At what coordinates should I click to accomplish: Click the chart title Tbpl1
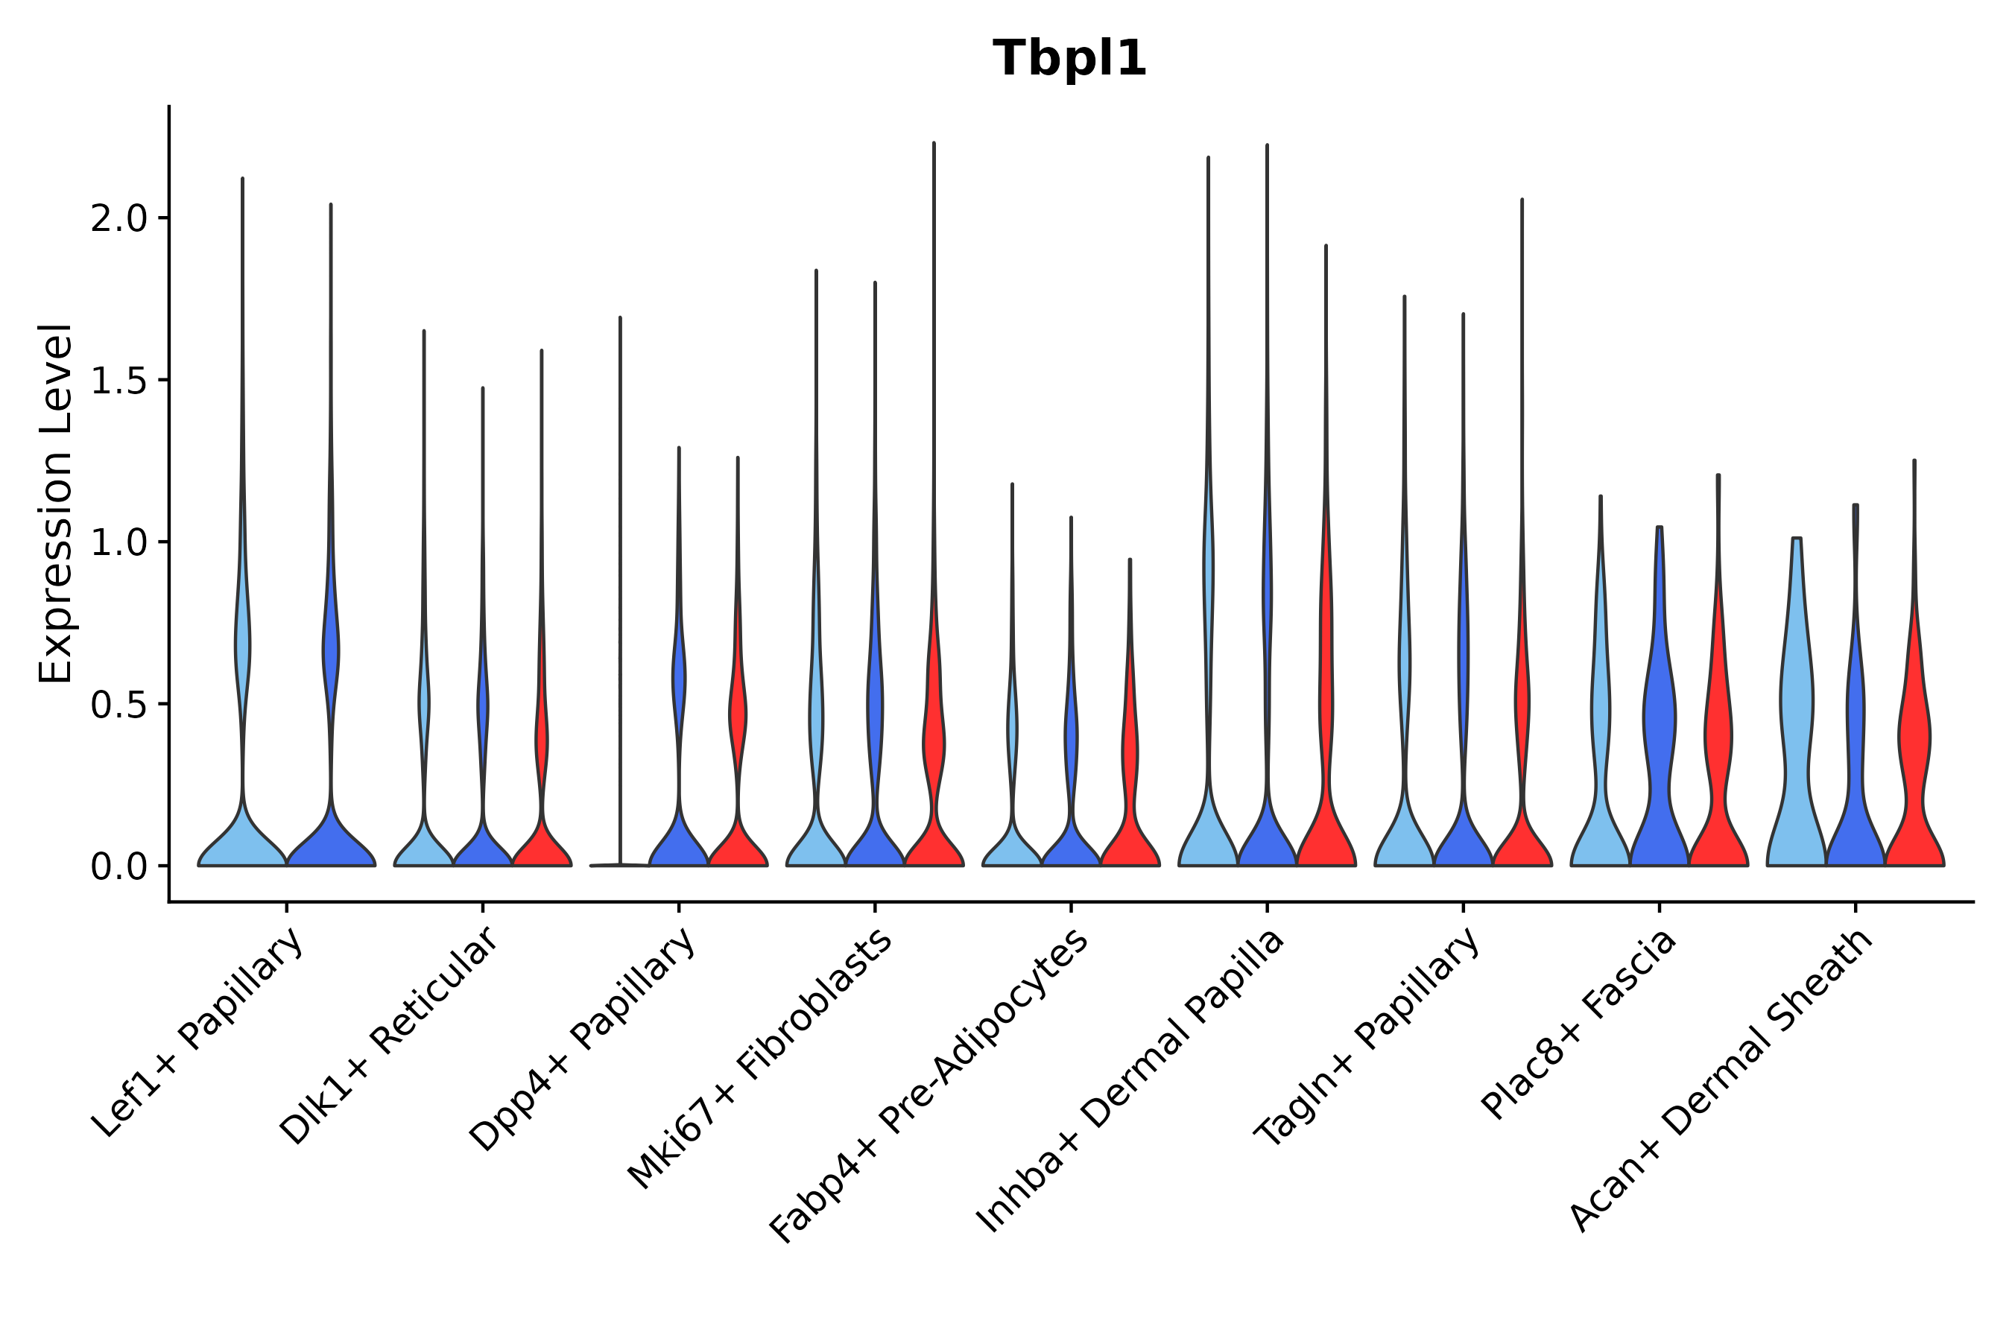coord(1069,59)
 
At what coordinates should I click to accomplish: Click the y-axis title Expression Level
coord(56,503)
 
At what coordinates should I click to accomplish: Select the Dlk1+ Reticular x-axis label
coord(389,1036)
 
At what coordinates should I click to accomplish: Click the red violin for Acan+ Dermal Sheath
coord(1914,744)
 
